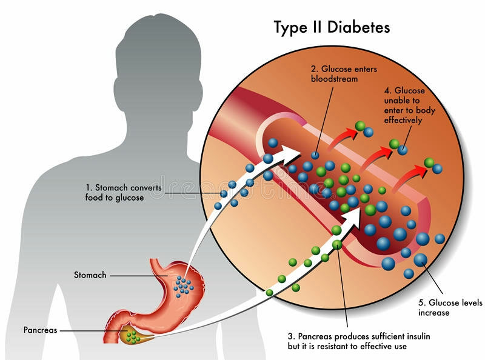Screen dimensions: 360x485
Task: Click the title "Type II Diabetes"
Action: coord(332,27)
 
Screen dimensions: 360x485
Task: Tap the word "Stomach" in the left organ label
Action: coord(90,275)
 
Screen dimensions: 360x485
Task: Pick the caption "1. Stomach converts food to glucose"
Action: coord(123,193)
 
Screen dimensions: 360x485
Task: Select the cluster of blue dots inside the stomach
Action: coord(182,284)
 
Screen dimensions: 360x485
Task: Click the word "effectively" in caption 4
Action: coord(404,120)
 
